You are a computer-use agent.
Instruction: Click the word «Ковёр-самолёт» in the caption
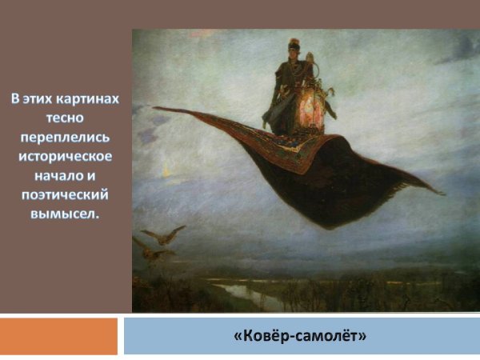point(300,335)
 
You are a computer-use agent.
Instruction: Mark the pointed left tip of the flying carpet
point(155,108)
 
